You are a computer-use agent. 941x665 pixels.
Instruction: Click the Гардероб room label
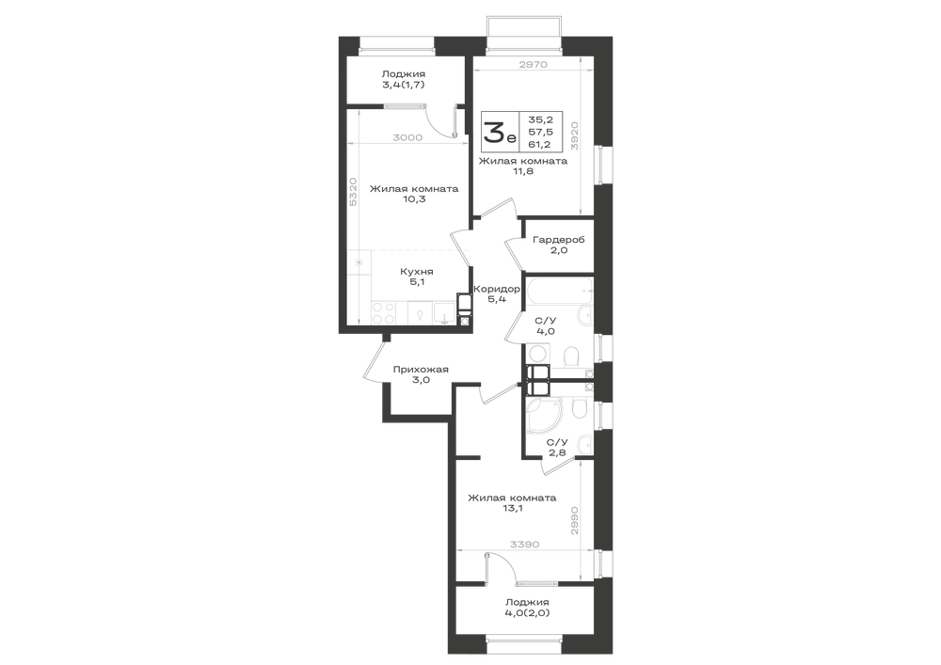559,240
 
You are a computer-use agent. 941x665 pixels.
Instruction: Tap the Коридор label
496,289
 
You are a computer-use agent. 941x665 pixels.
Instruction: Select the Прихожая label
421,370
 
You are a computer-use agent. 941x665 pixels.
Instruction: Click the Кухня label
417,272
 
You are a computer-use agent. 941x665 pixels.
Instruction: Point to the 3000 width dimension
407,137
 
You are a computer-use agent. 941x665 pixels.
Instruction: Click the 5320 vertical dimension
354,192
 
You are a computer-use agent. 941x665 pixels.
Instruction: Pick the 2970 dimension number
533,65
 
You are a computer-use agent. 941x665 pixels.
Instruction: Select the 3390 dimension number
525,545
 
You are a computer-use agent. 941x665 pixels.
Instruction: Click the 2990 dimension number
574,521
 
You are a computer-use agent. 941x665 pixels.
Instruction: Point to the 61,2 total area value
540,144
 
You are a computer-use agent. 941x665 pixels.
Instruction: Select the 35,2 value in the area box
540,119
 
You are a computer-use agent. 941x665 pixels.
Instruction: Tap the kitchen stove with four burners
384,312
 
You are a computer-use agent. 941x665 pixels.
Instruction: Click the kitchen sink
445,312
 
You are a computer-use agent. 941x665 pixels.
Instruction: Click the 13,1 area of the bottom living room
513,509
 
